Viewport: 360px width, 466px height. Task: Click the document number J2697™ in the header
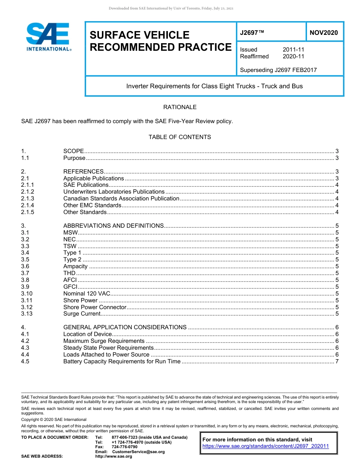(x=252, y=33)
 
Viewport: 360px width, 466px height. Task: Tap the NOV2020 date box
(x=324, y=33)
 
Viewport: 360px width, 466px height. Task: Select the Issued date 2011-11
(x=293, y=50)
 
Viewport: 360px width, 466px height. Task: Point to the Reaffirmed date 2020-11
(x=293, y=56)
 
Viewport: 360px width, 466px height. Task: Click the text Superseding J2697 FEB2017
(x=278, y=70)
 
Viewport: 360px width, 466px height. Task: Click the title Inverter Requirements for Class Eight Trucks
(x=214, y=86)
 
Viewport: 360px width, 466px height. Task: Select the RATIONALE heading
(x=180, y=107)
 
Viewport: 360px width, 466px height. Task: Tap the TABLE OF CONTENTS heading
(x=180, y=137)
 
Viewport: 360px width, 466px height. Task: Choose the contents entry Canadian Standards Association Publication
(x=121, y=199)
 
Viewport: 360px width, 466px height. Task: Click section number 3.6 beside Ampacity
(x=25, y=266)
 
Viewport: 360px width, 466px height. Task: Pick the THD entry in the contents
(x=70, y=273)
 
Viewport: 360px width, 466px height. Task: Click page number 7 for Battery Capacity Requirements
(x=337, y=361)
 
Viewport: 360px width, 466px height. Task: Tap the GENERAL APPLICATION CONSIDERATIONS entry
(x=125, y=327)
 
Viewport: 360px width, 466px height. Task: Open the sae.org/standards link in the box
(x=266, y=446)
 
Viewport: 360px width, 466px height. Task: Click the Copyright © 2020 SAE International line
(x=54, y=419)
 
